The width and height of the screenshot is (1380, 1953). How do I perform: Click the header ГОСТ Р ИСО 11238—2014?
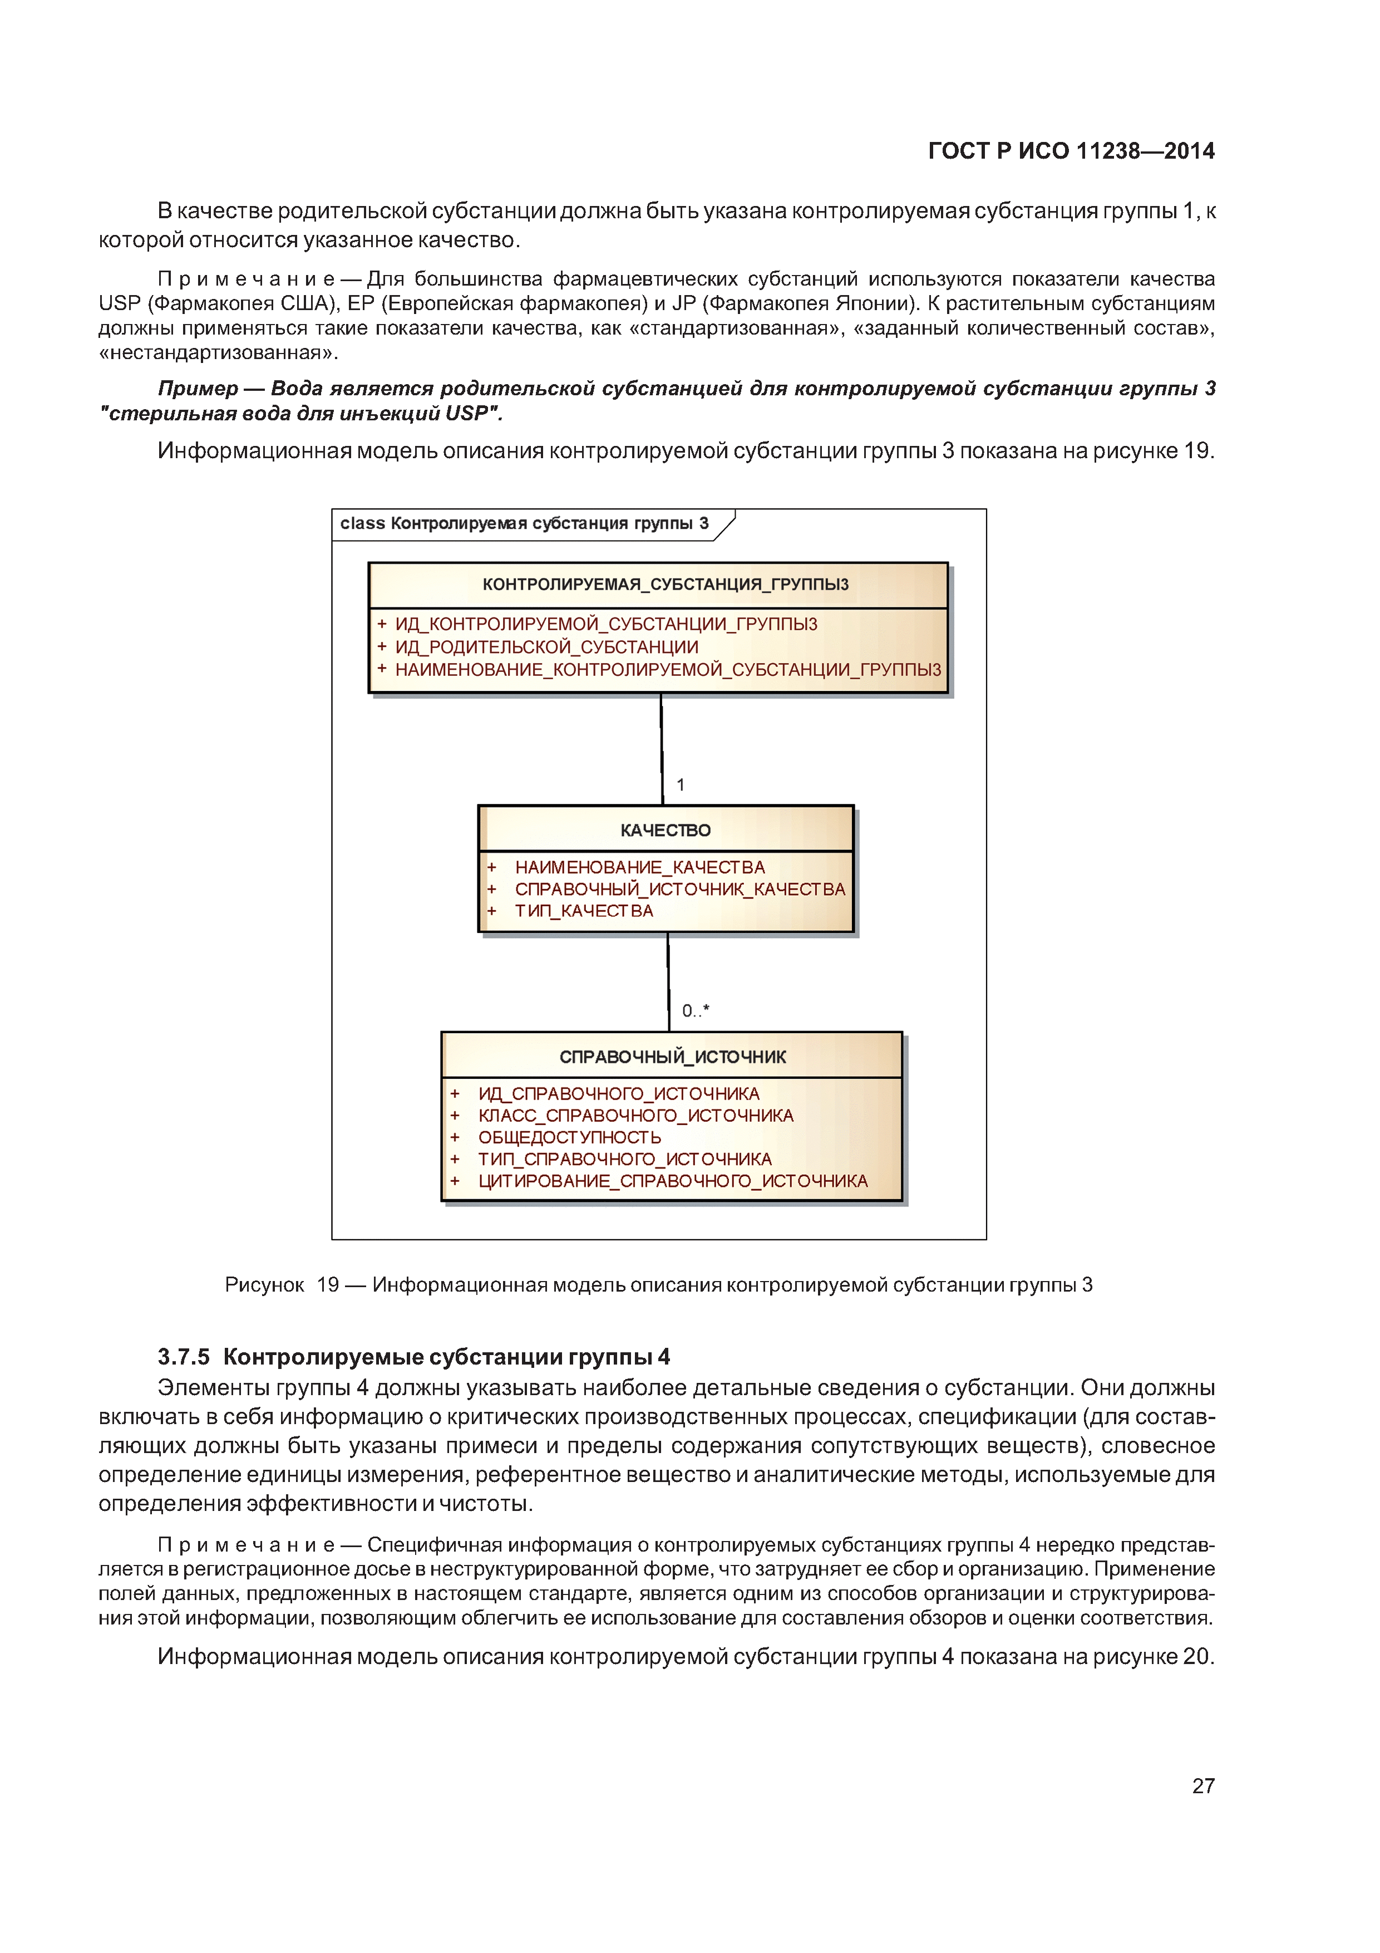coord(1071,151)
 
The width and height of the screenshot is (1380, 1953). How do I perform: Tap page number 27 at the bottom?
coord(1202,1785)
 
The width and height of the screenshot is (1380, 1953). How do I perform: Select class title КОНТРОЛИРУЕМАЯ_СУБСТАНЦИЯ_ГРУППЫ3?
coord(665,585)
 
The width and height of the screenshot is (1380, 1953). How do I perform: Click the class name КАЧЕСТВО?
coord(665,830)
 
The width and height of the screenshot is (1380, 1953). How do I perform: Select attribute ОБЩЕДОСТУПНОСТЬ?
coord(569,1137)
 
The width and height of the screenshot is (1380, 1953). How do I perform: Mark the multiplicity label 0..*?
coord(694,1010)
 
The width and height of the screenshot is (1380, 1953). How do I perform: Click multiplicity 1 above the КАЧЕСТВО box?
coord(680,784)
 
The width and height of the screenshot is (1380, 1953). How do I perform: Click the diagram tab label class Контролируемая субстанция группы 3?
coord(524,524)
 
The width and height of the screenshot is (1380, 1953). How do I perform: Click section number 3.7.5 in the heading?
coord(183,1357)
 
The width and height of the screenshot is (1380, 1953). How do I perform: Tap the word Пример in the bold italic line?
coord(198,389)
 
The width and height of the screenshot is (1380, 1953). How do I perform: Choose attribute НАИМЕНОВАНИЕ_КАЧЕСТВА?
coord(639,867)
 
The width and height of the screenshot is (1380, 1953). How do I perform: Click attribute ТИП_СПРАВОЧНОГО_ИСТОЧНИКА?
coord(624,1159)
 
